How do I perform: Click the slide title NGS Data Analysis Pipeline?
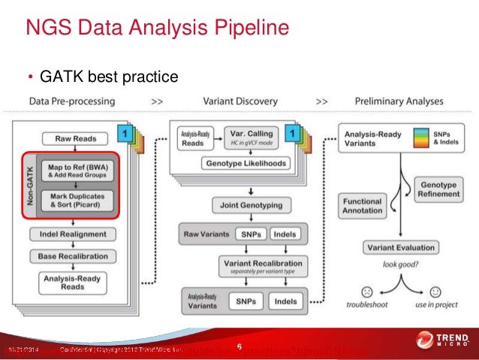tap(158, 30)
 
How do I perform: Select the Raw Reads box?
tap(74, 138)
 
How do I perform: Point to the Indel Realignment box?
tap(74, 234)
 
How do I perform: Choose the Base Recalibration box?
tap(74, 256)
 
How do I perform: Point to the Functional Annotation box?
tap(363, 207)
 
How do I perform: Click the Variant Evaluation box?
tap(400, 247)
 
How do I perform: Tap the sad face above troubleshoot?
tap(366, 291)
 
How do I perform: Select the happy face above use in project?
tap(435, 291)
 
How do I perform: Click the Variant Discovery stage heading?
tap(239, 101)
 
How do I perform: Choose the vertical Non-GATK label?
tap(30, 185)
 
